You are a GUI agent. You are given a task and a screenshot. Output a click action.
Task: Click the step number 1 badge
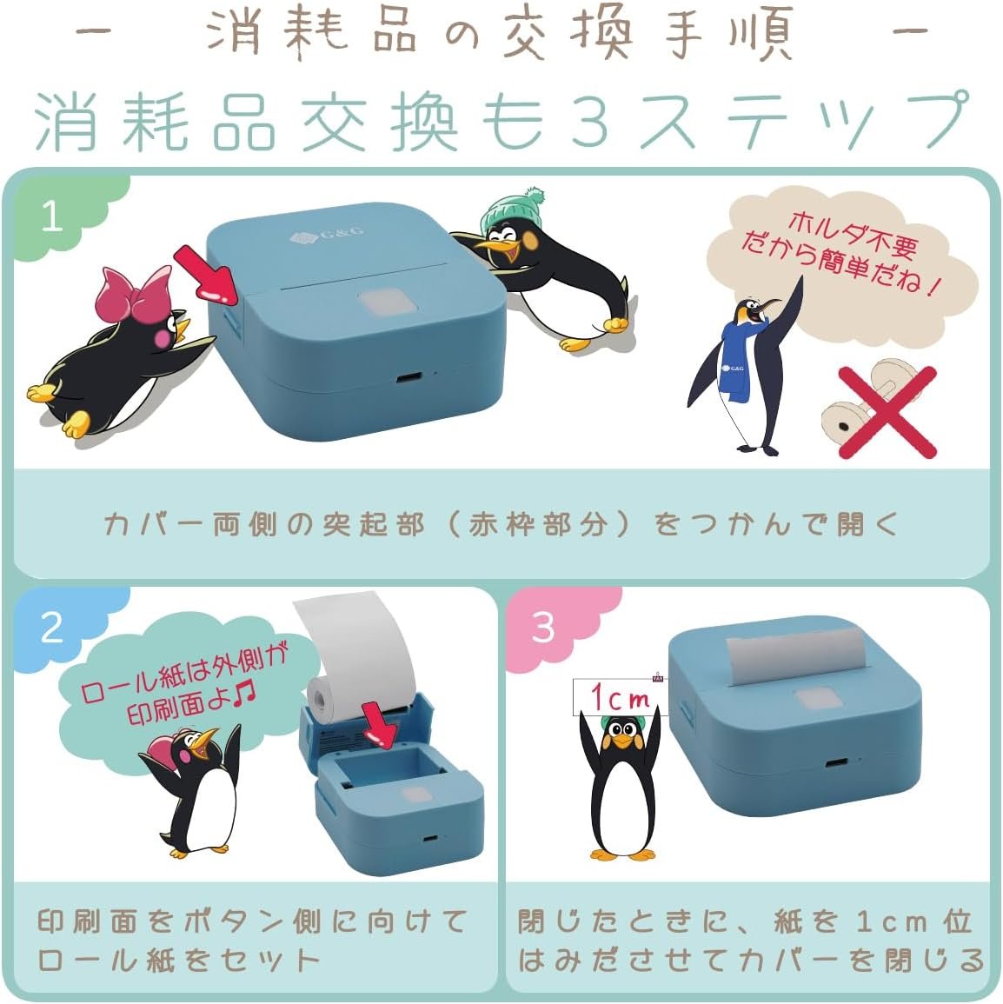pos(52,216)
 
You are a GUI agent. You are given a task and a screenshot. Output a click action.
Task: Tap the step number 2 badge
pos(52,627)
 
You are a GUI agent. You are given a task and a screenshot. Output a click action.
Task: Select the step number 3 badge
pos(543,627)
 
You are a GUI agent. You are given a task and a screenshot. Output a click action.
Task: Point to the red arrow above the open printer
pos(381,724)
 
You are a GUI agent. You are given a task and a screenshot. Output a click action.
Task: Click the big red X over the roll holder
pos(887,412)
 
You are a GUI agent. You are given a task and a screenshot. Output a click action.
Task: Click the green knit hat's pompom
pos(533,196)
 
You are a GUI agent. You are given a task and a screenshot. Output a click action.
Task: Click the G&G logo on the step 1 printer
pos(327,234)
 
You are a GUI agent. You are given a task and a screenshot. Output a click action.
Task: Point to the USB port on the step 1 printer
pos(406,377)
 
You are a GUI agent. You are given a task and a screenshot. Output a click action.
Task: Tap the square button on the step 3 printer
pos(817,700)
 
